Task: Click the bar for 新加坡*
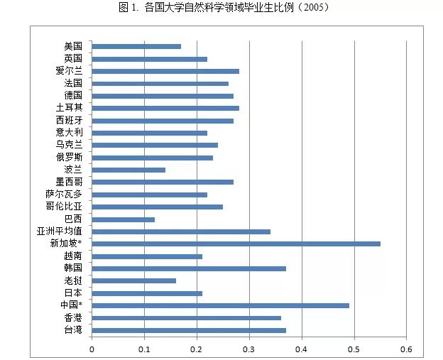[236, 244]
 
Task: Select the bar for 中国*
[220, 305]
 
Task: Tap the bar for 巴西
[123, 219]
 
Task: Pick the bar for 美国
[136, 46]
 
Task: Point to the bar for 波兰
[128, 170]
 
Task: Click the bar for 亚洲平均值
[181, 231]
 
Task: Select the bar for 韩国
[189, 268]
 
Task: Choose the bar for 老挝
[133, 280]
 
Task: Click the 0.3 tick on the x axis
[249, 349]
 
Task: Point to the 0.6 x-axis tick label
[407, 349]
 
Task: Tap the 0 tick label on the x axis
[92, 349]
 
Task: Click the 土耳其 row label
[69, 108]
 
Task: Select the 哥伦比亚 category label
[63, 207]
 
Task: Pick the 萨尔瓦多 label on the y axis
[63, 195]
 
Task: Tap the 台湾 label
[72, 330]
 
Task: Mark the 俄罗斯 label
[69, 157]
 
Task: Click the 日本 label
[72, 293]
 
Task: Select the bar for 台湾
[189, 330]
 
